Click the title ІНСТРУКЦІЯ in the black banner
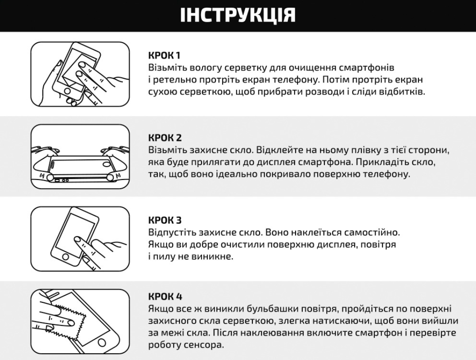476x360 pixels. coord(238,15)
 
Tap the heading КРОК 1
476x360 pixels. coord(165,56)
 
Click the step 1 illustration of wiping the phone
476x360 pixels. coord(80,74)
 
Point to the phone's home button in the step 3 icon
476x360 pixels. coord(66,257)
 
